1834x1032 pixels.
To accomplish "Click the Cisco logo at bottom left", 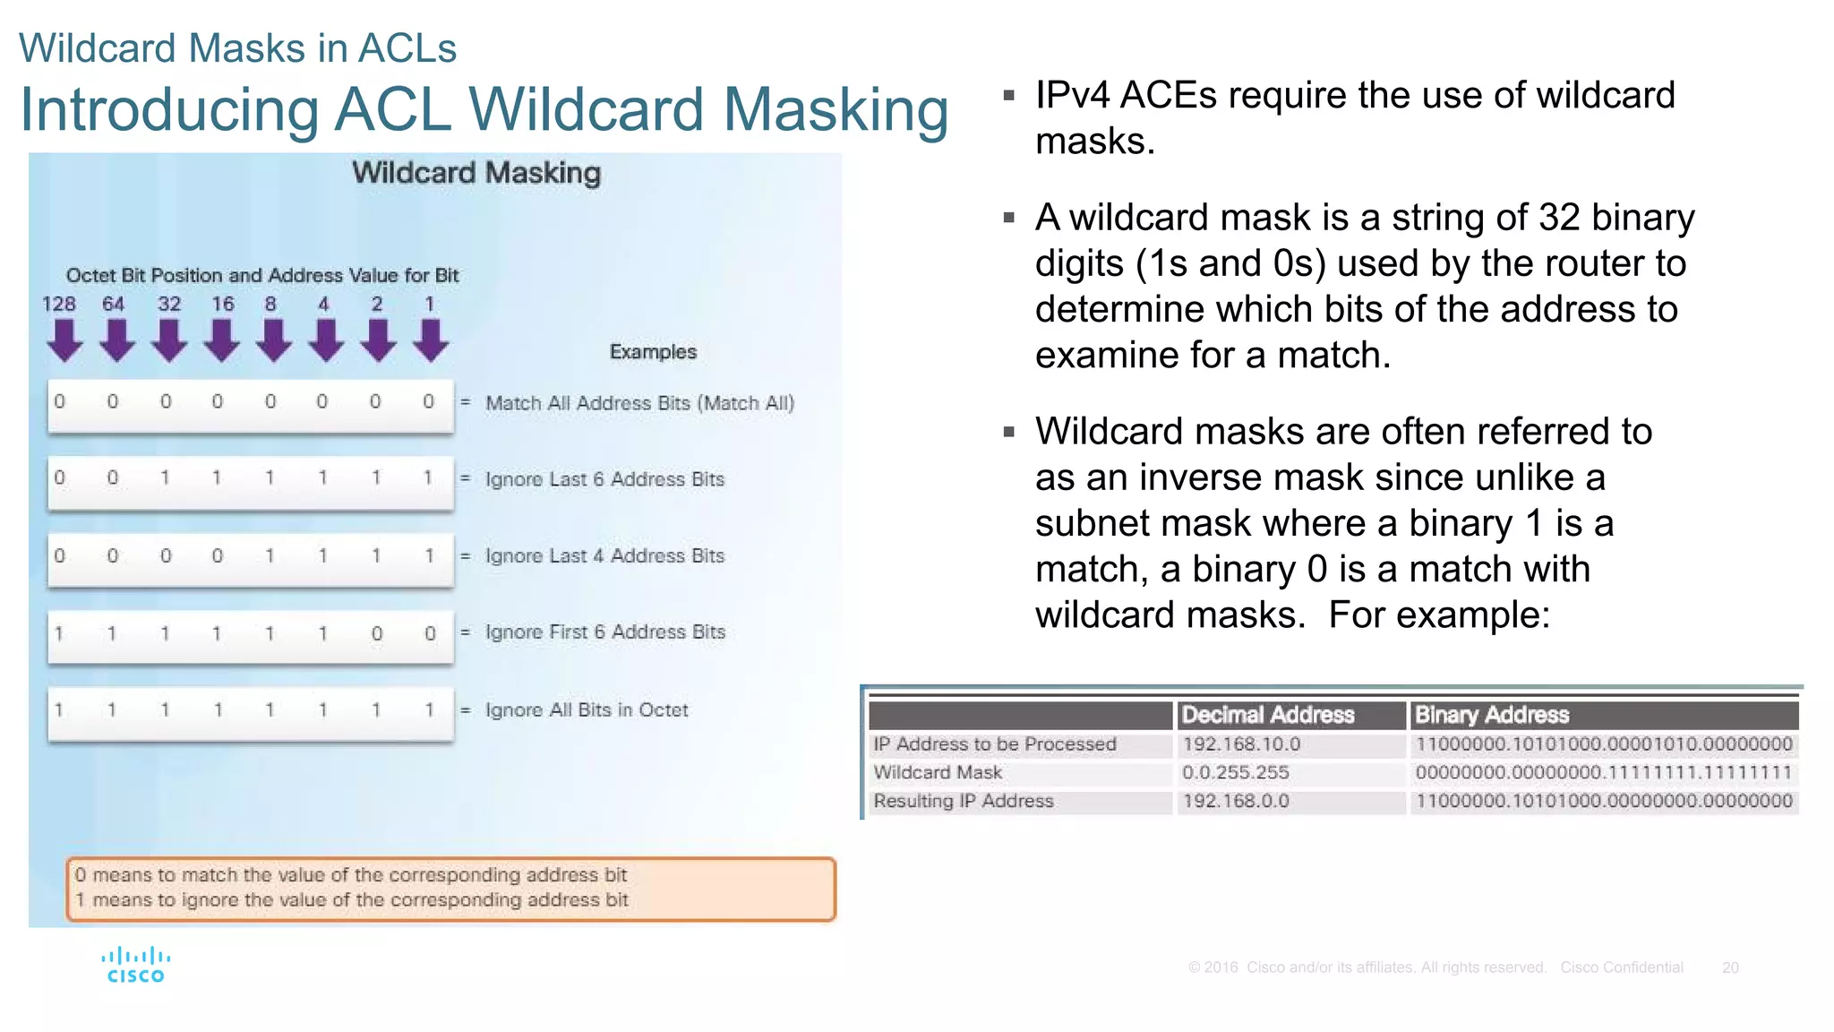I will click(x=135, y=965).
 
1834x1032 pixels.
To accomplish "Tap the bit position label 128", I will click(x=59, y=305).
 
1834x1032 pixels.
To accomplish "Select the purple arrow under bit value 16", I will click(x=221, y=341).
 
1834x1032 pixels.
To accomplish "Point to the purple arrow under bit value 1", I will click(x=432, y=341).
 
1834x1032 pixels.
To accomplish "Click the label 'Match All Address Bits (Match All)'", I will click(x=639, y=403).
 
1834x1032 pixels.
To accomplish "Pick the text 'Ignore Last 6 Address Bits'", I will click(x=604, y=479).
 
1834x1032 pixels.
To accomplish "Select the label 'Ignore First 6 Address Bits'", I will click(x=605, y=632).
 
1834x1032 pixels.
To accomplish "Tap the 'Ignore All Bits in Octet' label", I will click(x=587, y=710).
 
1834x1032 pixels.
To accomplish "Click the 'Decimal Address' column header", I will click(x=1267, y=715).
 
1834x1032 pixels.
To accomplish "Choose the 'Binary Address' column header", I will click(x=1491, y=715).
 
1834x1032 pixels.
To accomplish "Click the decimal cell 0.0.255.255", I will click(x=1235, y=772).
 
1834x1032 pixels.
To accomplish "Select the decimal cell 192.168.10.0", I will click(x=1240, y=744).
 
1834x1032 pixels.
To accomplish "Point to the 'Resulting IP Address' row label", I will click(x=963, y=801).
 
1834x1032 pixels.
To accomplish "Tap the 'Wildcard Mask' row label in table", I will click(x=938, y=772).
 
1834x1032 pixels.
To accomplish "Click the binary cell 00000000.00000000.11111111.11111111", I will click(x=1603, y=772).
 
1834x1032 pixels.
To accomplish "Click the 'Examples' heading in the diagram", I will click(x=653, y=352).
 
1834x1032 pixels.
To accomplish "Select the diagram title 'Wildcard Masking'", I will click(x=476, y=173).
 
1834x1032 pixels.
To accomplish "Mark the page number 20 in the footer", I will click(x=1730, y=967).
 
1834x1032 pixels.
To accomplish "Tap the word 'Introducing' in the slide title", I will click(x=169, y=109).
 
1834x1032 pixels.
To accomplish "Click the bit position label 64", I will click(x=113, y=305).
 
